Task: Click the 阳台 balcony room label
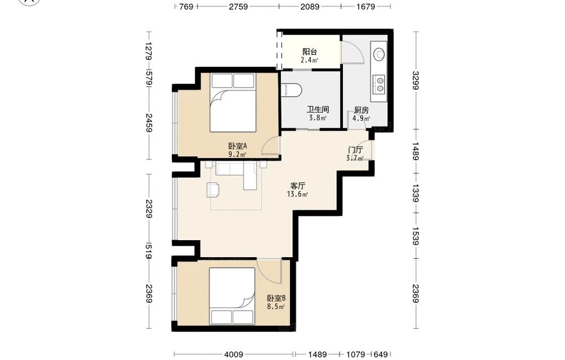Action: (310, 52)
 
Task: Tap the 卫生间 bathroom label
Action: (318, 110)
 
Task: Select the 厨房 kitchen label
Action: (361, 110)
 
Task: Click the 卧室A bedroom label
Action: (238, 146)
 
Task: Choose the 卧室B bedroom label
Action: (276, 298)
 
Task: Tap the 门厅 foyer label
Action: (355, 150)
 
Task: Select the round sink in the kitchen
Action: (379, 54)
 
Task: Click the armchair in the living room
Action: (213, 189)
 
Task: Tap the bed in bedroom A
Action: (233, 102)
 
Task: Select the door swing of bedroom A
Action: (271, 146)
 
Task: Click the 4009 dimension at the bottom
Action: (233, 354)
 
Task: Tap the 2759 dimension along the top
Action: (238, 6)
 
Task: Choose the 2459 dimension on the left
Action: (149, 123)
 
